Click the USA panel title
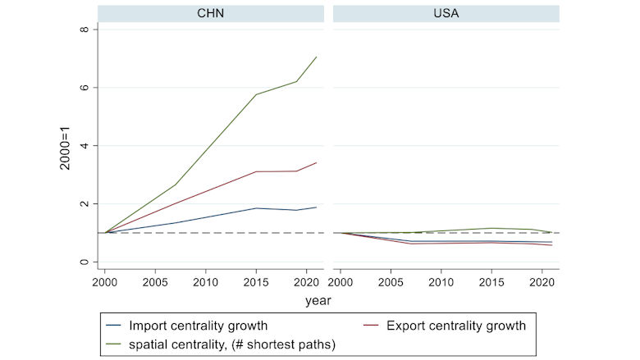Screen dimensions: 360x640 click(446, 13)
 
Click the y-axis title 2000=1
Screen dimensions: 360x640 click(65, 146)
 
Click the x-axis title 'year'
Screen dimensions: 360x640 click(318, 301)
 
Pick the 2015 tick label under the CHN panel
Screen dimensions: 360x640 click(256, 281)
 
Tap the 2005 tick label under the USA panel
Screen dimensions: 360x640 click(391, 281)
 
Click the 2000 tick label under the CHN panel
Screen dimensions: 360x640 click(104, 281)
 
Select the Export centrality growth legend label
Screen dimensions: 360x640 click(455, 326)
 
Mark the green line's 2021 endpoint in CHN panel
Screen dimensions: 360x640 click(317, 57)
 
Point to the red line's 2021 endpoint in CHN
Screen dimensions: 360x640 click(317, 162)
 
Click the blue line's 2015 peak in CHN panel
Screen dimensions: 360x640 click(256, 208)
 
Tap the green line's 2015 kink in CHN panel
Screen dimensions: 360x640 click(256, 94)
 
